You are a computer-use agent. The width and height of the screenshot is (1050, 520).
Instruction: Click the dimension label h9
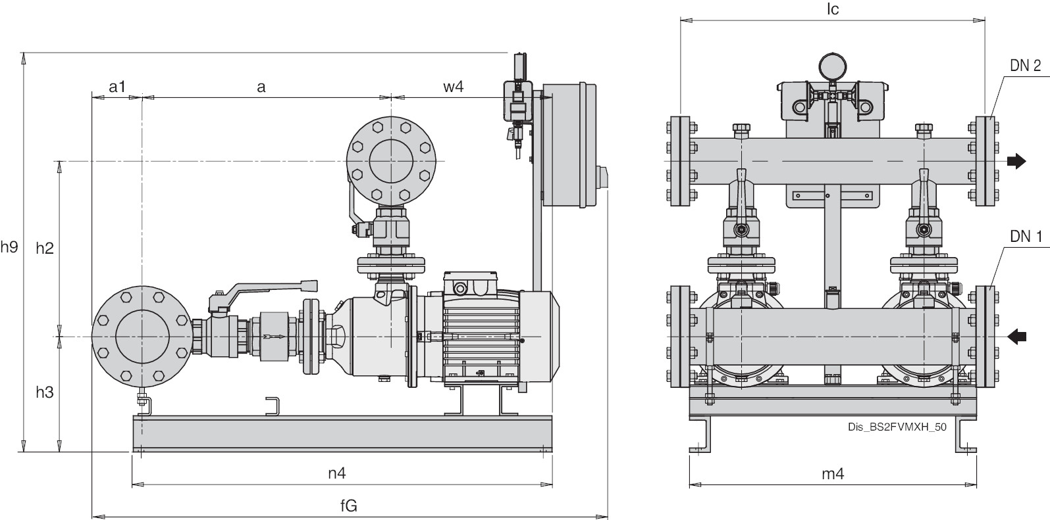(x=9, y=247)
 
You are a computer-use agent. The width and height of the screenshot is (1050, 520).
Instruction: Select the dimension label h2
(x=45, y=248)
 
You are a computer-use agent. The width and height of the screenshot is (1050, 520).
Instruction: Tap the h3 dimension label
(x=45, y=392)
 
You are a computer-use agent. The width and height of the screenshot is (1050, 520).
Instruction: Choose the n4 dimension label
(x=337, y=473)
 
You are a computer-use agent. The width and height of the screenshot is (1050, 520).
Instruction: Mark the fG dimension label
(x=349, y=506)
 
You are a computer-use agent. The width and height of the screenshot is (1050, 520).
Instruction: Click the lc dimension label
(x=832, y=9)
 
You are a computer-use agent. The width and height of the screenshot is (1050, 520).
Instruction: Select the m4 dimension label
(x=833, y=474)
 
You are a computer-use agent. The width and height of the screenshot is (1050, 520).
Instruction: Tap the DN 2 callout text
(x=1025, y=66)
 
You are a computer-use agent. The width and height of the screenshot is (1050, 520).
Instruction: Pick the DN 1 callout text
(x=1026, y=237)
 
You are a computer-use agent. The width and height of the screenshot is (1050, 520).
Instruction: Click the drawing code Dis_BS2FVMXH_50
(x=897, y=427)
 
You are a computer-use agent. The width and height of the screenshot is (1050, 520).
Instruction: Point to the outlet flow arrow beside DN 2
(x=1017, y=161)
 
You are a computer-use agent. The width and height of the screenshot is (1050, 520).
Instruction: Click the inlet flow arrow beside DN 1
(x=1017, y=337)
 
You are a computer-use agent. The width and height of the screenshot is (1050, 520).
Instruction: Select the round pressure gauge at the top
(x=833, y=67)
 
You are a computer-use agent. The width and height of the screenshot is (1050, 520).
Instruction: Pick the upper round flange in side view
(x=391, y=160)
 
